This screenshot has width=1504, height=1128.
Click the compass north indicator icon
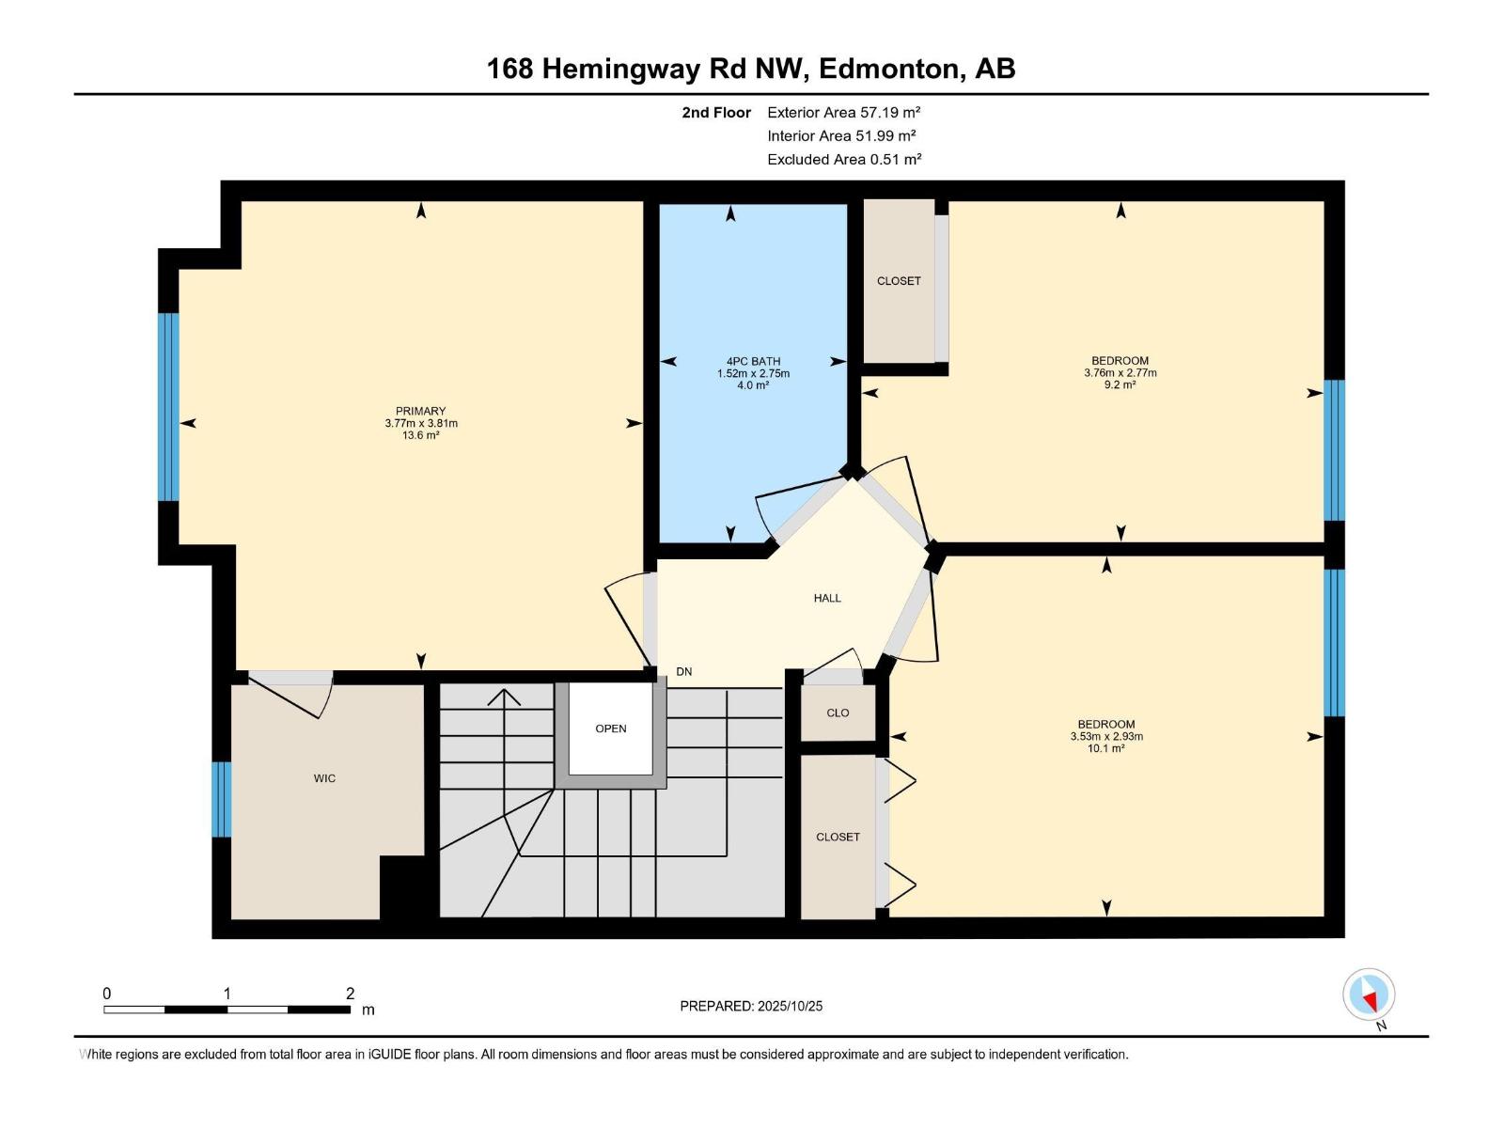(1369, 995)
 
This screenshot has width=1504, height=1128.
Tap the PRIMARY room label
(420, 411)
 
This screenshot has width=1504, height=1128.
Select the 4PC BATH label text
(753, 361)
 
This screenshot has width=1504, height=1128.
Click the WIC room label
(324, 778)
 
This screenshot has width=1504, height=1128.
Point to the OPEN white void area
(611, 728)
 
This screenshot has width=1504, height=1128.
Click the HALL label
(827, 598)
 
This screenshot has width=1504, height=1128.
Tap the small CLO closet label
(838, 713)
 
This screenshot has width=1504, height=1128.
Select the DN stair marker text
(684, 671)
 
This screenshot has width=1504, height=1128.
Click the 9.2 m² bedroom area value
(1120, 384)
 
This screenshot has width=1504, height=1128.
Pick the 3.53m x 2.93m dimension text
(1106, 736)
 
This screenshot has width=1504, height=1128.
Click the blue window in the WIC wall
(221, 799)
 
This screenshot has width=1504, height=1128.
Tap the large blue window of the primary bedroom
(168, 406)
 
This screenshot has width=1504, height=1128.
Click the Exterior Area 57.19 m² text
(843, 112)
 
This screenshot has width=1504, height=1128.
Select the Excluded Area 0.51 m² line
(843, 159)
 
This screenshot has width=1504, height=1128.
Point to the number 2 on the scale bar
(350, 994)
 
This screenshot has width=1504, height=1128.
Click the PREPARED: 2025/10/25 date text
(751, 1006)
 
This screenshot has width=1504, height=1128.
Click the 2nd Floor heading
(716, 112)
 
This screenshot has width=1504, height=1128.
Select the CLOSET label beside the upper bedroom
(899, 281)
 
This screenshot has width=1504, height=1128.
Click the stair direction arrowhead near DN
(505, 696)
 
